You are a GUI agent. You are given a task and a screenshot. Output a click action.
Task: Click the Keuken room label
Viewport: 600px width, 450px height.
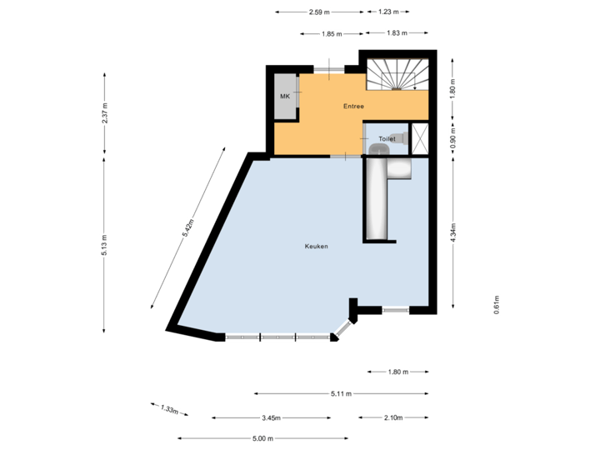click(316, 247)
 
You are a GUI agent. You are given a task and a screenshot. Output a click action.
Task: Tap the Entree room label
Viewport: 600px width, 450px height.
click(353, 107)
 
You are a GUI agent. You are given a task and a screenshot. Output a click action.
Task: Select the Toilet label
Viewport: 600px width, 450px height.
click(387, 138)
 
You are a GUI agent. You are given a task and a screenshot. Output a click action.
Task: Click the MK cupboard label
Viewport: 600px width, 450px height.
click(285, 97)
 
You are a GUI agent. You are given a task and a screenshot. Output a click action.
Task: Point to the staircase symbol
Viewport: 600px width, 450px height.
click(397, 73)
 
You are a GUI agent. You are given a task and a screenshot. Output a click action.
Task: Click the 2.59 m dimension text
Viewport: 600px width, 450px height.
click(318, 12)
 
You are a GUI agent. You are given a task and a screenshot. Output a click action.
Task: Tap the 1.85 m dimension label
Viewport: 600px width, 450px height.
click(331, 33)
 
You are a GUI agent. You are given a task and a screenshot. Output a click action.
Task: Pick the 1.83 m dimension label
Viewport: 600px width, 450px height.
click(397, 33)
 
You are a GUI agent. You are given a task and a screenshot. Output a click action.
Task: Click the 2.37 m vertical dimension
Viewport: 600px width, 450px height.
click(105, 113)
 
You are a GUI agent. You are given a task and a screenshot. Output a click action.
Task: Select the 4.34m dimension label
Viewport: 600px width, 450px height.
click(452, 232)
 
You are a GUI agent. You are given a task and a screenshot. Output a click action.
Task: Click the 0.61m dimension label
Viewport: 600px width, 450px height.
click(496, 305)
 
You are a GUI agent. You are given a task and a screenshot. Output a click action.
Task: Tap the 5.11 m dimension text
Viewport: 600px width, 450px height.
click(341, 393)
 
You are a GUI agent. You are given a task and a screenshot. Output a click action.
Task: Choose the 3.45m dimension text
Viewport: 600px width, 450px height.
click(272, 417)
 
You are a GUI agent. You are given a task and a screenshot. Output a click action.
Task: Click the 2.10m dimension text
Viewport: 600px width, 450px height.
click(392, 417)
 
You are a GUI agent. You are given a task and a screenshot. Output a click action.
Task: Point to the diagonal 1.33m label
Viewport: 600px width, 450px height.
click(170, 409)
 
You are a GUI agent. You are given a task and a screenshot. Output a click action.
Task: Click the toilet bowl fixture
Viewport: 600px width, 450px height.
click(380, 148)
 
